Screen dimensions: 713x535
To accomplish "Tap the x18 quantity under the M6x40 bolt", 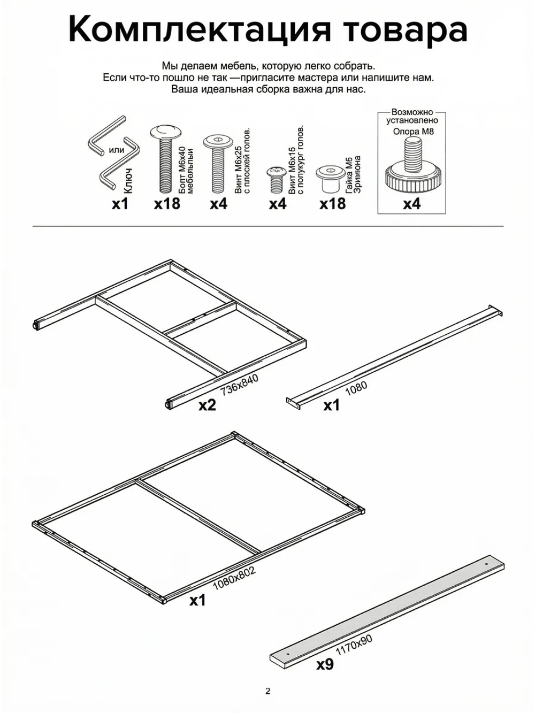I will click(167, 204).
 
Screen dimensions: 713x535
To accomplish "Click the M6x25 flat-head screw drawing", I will click(218, 163).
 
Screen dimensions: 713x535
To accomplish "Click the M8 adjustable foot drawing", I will click(411, 166).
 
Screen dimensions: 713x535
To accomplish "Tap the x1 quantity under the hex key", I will click(120, 204).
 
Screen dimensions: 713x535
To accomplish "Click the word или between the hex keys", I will click(116, 150).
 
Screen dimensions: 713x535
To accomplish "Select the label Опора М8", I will click(413, 131).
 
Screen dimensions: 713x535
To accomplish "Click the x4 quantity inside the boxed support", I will click(411, 204).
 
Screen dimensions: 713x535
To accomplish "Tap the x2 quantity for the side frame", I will click(207, 405).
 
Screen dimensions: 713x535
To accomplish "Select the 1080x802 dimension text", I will click(234, 578).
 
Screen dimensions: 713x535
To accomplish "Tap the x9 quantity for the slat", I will click(325, 664).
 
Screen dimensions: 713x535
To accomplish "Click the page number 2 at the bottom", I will click(267, 691).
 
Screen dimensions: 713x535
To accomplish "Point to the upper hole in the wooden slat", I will click(486, 564).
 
